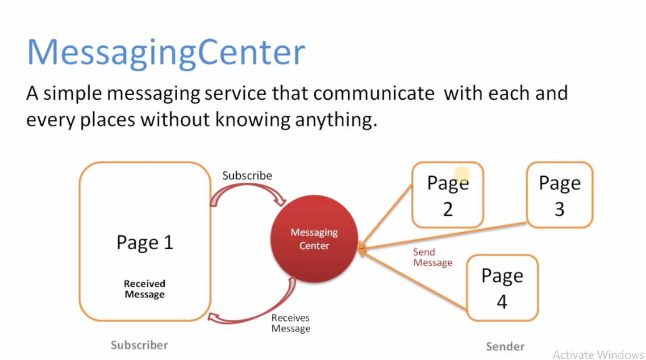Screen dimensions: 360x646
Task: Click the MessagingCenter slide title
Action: click(x=166, y=53)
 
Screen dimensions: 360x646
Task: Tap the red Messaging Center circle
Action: click(x=314, y=239)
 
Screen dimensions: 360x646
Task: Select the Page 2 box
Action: click(x=447, y=195)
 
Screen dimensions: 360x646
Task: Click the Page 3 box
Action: click(x=559, y=195)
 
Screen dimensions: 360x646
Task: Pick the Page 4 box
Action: click(x=502, y=288)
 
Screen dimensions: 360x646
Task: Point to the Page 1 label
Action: click(x=145, y=242)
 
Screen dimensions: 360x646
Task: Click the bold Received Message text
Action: click(x=144, y=289)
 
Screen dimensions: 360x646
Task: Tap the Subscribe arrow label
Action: click(x=247, y=175)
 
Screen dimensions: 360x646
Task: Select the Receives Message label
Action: click(x=290, y=323)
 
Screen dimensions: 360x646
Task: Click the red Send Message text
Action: click(x=432, y=257)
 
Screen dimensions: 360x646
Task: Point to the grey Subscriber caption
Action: click(x=139, y=345)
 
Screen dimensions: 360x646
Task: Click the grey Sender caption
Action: click(x=505, y=346)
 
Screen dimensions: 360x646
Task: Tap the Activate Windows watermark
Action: click(x=598, y=354)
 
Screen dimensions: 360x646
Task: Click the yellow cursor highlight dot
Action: click(x=462, y=174)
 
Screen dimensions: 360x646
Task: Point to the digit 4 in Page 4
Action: click(x=502, y=302)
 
